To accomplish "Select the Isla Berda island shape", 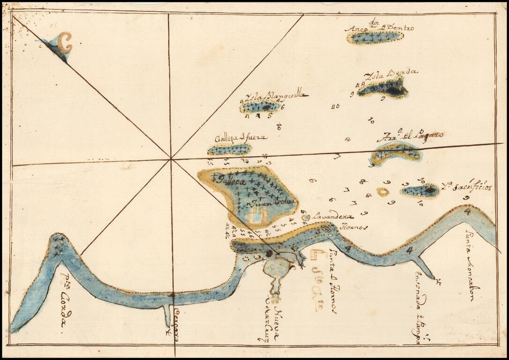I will click(x=383, y=88).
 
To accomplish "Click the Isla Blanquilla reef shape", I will click(x=261, y=107).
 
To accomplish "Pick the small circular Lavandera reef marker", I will click(x=306, y=217).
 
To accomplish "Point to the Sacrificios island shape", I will click(x=420, y=191).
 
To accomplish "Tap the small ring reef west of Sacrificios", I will click(x=383, y=192).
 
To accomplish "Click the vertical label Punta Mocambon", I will click(x=470, y=265).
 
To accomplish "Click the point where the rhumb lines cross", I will click(x=171, y=158).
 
